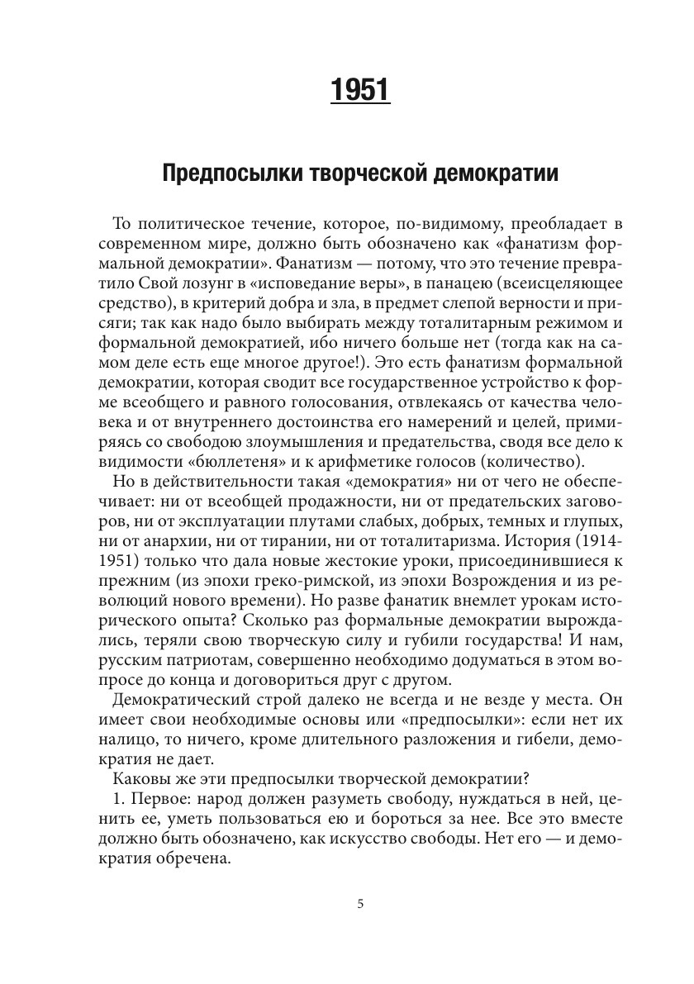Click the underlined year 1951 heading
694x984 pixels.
pos(360,90)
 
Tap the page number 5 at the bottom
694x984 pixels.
pos(360,904)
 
